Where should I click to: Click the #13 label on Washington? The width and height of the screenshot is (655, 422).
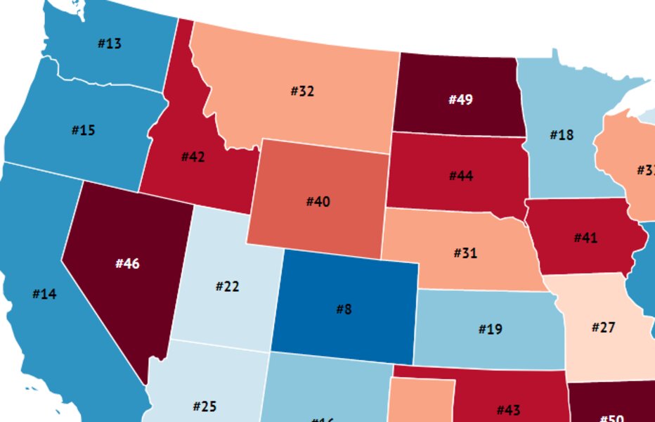[109, 44]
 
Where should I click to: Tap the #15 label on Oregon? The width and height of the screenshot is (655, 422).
[83, 130]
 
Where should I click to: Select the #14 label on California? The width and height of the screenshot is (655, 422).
[44, 294]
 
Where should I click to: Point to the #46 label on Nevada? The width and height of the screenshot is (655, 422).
[127, 264]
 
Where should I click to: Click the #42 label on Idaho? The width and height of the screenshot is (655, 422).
[193, 157]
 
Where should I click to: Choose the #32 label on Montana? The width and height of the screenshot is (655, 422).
[302, 91]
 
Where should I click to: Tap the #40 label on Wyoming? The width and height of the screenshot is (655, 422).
[318, 202]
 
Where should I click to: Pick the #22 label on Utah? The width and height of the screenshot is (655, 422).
[227, 286]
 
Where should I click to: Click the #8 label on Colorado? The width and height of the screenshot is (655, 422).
[343, 308]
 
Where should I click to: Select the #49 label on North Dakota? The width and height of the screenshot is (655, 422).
[460, 99]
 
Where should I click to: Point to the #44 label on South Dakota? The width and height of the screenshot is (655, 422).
[460, 176]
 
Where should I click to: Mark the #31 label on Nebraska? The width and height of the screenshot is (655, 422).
[465, 252]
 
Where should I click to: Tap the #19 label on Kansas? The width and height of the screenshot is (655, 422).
[490, 328]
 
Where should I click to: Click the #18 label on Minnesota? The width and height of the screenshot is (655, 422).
[562, 134]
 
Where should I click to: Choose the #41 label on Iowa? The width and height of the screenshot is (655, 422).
[585, 238]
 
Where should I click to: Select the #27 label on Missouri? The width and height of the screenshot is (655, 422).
[604, 327]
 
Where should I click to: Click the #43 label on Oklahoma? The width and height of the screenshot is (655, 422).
[508, 410]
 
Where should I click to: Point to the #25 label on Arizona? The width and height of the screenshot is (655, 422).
[205, 406]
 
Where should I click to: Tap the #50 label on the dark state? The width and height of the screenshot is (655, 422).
[611, 418]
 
